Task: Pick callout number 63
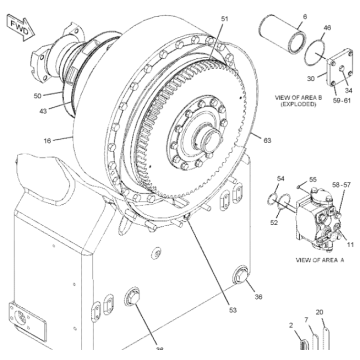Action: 267,139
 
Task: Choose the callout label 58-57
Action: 342,187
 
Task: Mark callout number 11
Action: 351,244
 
